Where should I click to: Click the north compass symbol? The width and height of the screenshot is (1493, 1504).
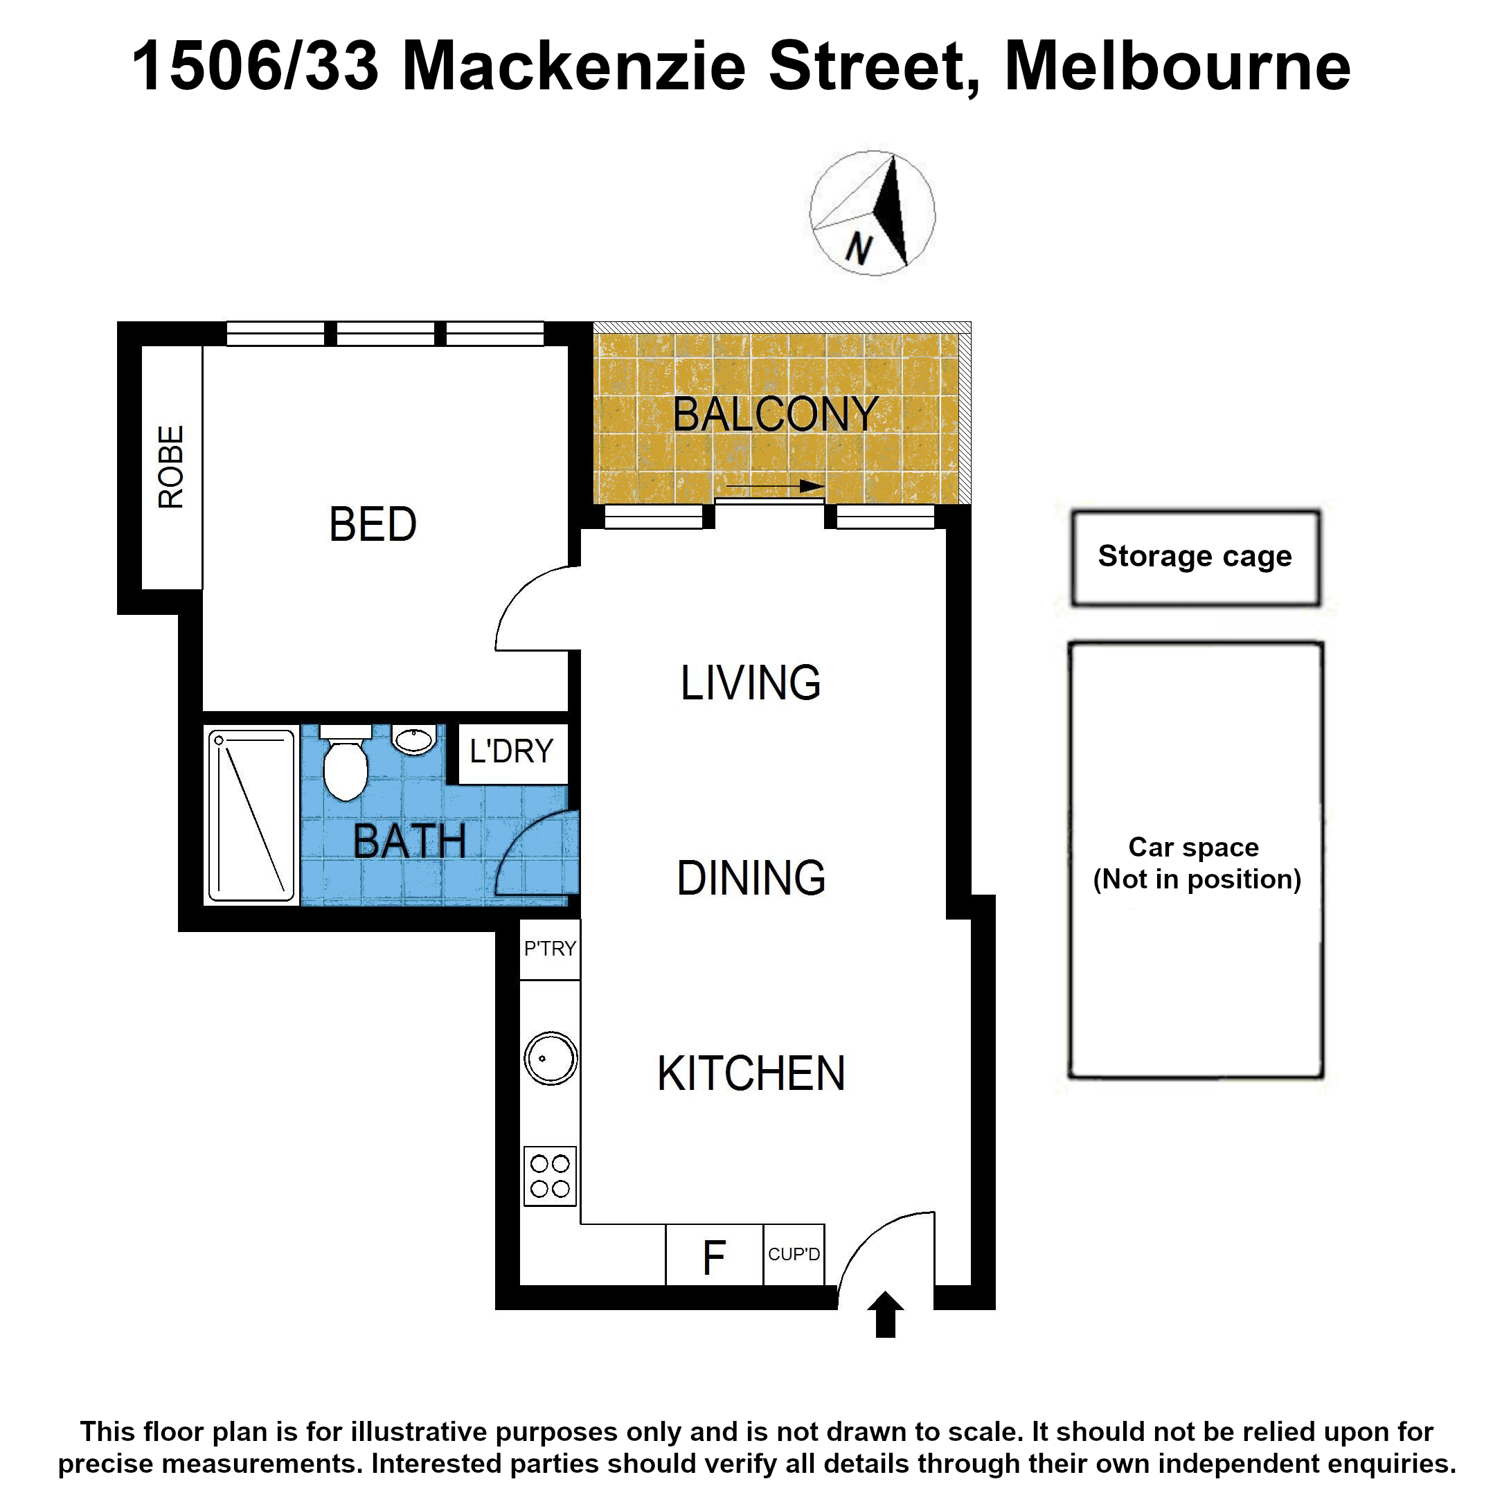pos(872,213)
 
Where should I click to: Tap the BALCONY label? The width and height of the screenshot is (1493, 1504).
pos(776,414)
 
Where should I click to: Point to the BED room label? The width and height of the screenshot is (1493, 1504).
pos(373,524)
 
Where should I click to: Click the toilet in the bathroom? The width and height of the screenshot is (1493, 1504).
pos(345,762)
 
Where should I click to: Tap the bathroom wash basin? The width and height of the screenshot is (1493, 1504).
pos(413,740)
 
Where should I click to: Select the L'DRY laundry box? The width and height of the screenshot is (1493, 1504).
pos(512,753)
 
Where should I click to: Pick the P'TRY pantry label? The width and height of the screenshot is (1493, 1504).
pos(550,948)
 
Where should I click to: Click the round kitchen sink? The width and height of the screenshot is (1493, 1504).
pos(551,1058)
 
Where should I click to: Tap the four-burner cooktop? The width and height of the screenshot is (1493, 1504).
pos(550,1176)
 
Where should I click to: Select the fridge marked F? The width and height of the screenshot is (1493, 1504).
pos(714,1257)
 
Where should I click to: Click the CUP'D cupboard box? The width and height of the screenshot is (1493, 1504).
pos(793,1255)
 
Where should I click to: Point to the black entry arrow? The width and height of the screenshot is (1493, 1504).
pos(885,1316)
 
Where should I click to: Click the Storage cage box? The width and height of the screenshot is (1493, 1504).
pos(1195,557)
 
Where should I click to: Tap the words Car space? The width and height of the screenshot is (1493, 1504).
pos(1193,847)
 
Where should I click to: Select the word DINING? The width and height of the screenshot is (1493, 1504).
pos(751,878)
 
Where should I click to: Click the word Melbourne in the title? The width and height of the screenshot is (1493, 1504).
pos(1178,67)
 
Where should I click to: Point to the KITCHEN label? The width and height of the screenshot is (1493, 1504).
pos(751,1073)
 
